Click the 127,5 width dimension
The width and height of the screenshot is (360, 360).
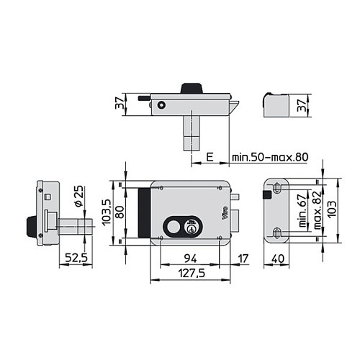(x=192, y=273)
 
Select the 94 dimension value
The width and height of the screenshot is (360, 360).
(x=191, y=258)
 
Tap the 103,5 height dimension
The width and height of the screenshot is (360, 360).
(x=107, y=212)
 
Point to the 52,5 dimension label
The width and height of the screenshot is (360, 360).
(x=76, y=258)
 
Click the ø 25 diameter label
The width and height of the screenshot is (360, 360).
(x=79, y=196)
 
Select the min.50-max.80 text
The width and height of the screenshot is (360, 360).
(x=270, y=157)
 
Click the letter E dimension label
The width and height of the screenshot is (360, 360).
(x=210, y=157)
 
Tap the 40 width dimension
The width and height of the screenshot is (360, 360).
(x=278, y=258)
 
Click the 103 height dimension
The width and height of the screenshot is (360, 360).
(x=332, y=210)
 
